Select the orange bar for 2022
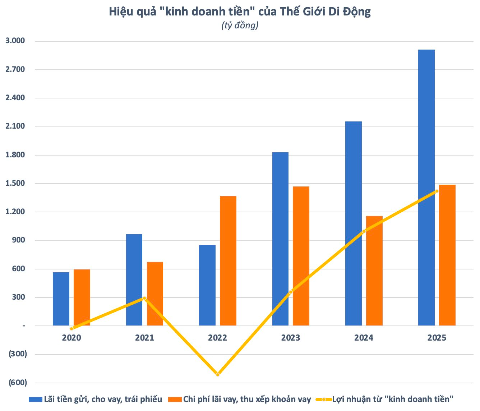tap(228, 261)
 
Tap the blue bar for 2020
tap(61, 299)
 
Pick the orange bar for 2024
tap(374, 271)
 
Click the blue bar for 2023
tap(280, 239)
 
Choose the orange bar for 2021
tap(155, 294)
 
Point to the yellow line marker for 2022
tap(218, 374)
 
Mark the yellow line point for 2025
tap(437, 191)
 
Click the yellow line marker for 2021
tap(144, 298)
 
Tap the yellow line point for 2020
tap(71, 328)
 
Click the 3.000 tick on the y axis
tap(15, 41)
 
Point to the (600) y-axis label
tap(18, 383)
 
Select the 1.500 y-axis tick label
tap(15, 184)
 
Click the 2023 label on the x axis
tap(291, 338)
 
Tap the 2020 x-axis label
tap(71, 338)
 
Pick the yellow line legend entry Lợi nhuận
tap(384, 399)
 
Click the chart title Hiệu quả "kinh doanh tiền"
tap(240, 12)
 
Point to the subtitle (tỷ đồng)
tap(240, 26)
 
